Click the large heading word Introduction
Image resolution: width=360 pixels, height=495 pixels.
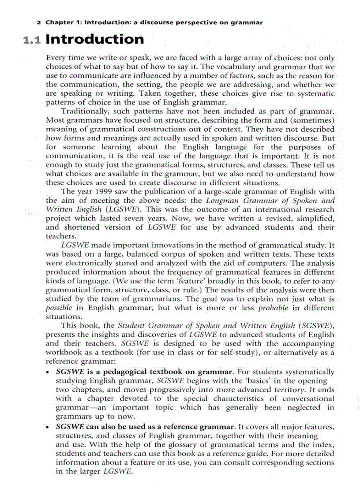click(94, 39)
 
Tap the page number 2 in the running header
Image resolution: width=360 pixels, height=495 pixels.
click(39, 22)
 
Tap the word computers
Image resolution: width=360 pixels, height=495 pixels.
click(232, 263)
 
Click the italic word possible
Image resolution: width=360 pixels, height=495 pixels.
click(59, 308)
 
